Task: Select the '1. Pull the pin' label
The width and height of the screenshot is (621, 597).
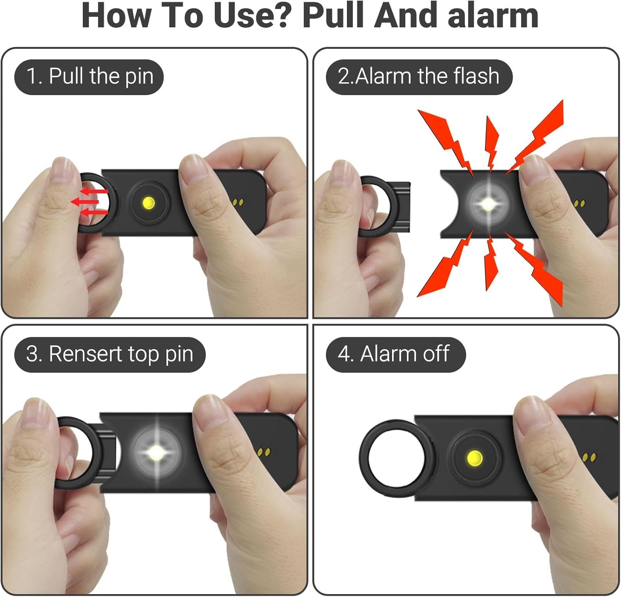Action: pyautogui.click(x=89, y=77)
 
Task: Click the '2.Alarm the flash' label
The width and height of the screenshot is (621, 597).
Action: pyautogui.click(x=419, y=77)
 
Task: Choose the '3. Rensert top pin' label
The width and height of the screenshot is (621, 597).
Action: pyautogui.click(x=110, y=355)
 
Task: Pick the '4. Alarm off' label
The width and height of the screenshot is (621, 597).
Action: pyautogui.click(x=396, y=355)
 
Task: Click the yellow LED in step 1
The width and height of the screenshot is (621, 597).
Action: pyautogui.click(x=149, y=203)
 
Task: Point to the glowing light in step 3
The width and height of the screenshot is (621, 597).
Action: pyautogui.click(x=156, y=451)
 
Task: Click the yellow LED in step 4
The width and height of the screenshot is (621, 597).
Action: pyautogui.click(x=474, y=458)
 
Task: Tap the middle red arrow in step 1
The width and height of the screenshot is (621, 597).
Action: pyautogui.click(x=85, y=202)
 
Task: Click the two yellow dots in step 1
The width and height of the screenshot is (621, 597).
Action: pyautogui.click(x=238, y=203)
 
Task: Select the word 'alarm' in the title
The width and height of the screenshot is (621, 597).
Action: pyautogui.click(x=493, y=16)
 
